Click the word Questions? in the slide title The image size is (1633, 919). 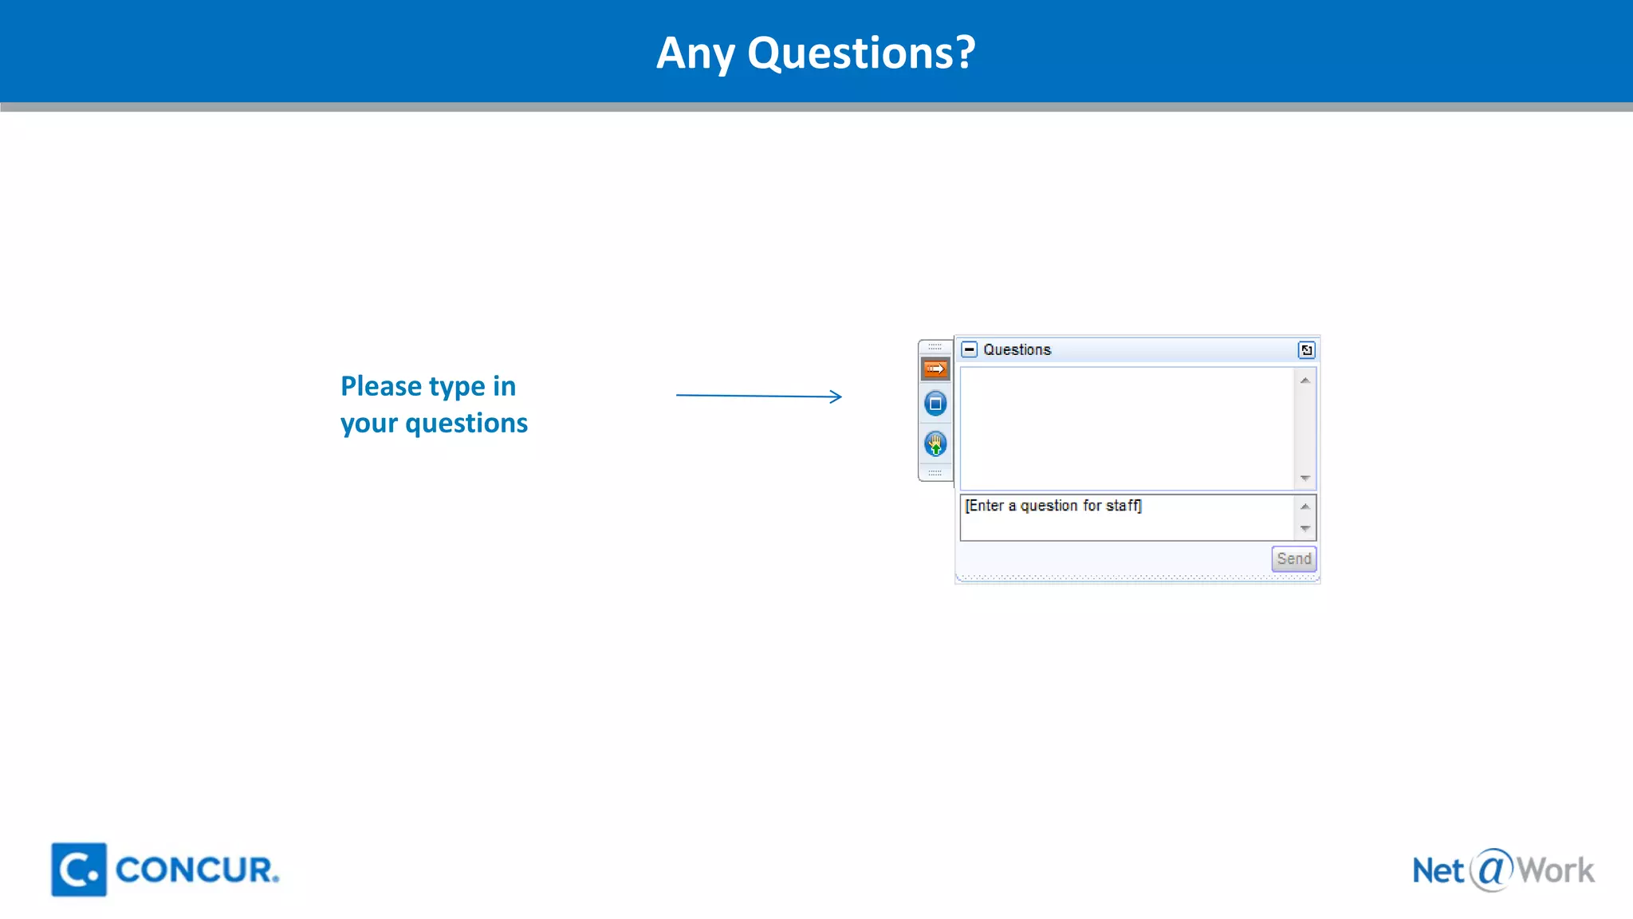861,53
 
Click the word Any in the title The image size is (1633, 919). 695,54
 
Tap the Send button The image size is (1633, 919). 1293,558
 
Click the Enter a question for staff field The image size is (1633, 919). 1124,516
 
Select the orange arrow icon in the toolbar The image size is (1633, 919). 935,369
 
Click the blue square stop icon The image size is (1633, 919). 935,404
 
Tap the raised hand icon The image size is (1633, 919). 935,444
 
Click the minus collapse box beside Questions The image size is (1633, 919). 969,349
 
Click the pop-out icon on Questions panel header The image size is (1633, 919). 1306,349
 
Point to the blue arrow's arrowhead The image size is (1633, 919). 837,396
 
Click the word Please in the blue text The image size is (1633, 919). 381,386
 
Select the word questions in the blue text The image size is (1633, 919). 466,423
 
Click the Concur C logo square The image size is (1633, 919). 79,870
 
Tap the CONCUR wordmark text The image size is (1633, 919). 196,870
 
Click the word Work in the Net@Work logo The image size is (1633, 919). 1555,870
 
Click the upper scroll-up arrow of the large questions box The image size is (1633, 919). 1304,381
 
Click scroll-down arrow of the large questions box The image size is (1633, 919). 1304,478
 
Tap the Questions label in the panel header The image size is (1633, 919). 1017,349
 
